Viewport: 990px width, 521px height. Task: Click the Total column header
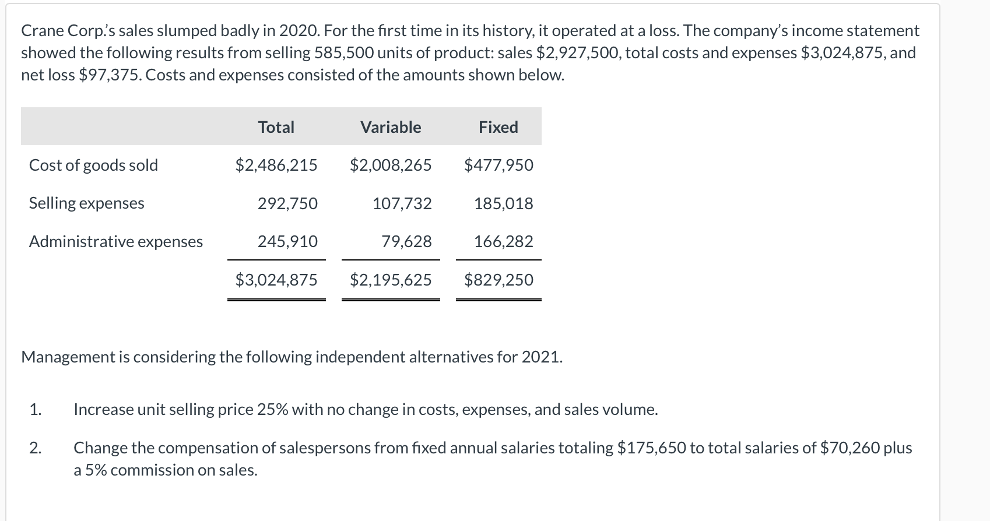[276, 127]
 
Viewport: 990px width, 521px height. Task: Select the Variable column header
[391, 127]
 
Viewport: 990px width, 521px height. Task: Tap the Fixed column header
[498, 127]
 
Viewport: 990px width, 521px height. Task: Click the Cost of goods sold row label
[93, 166]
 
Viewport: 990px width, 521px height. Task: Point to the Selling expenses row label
[86, 203]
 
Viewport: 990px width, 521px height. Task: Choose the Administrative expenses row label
[116, 241]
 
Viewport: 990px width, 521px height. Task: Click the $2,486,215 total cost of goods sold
[276, 166]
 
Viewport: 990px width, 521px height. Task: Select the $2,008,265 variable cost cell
[391, 166]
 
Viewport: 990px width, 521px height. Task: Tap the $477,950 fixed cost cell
[498, 166]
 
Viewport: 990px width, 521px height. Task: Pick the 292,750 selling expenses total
[287, 203]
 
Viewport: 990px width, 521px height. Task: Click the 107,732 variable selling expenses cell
[402, 203]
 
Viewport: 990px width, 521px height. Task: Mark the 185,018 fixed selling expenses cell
[503, 203]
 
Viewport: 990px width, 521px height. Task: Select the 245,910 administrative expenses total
[287, 241]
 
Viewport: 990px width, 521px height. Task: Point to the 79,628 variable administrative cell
[406, 241]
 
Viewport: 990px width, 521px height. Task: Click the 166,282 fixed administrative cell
[503, 241]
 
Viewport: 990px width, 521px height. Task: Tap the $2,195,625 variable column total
[391, 280]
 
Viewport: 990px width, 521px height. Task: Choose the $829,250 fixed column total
[498, 280]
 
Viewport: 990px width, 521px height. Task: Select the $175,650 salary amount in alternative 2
[651, 448]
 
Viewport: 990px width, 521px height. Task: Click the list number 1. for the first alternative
[36, 410]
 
